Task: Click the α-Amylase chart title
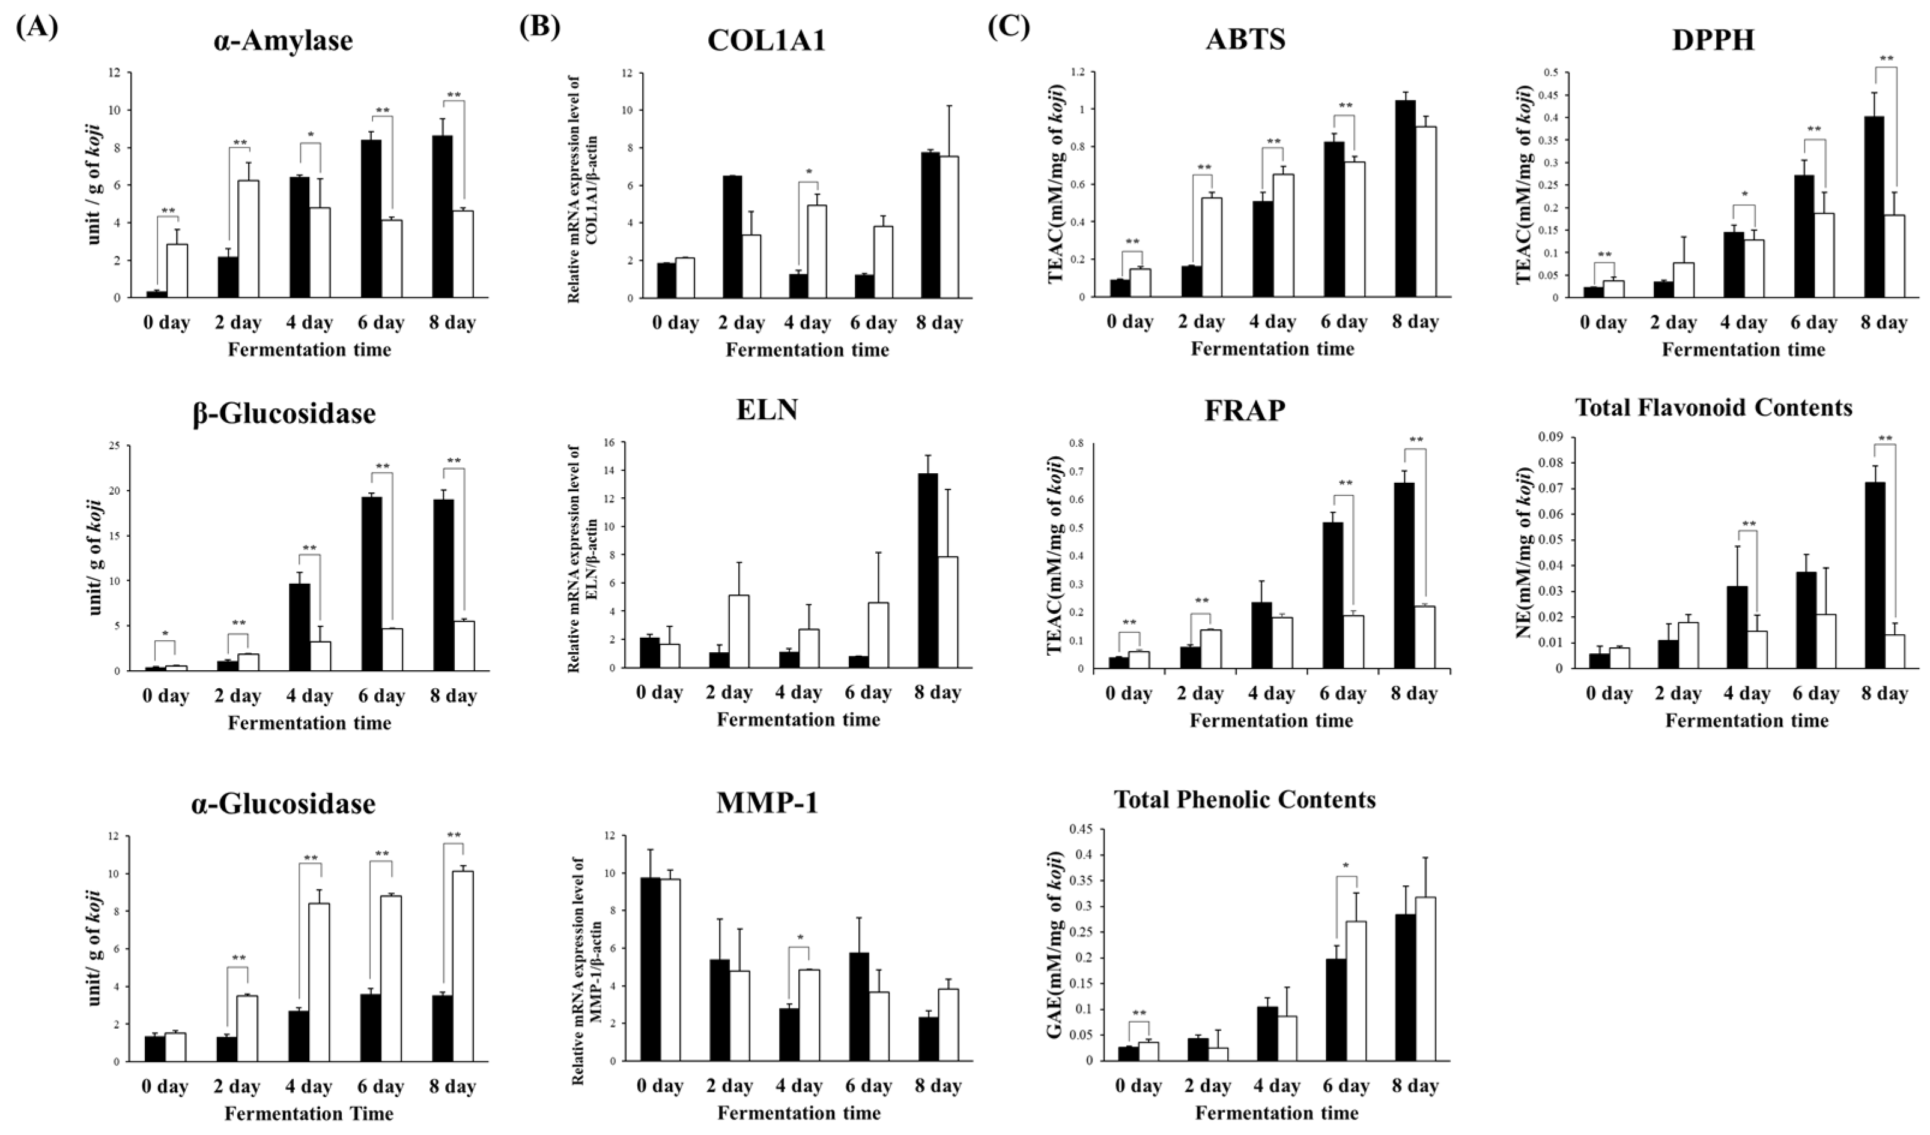point(284,41)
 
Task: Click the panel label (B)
point(540,27)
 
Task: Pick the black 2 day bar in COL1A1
point(732,237)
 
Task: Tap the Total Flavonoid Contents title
point(1714,407)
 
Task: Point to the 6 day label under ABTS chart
point(1343,322)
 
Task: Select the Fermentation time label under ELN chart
point(799,720)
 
